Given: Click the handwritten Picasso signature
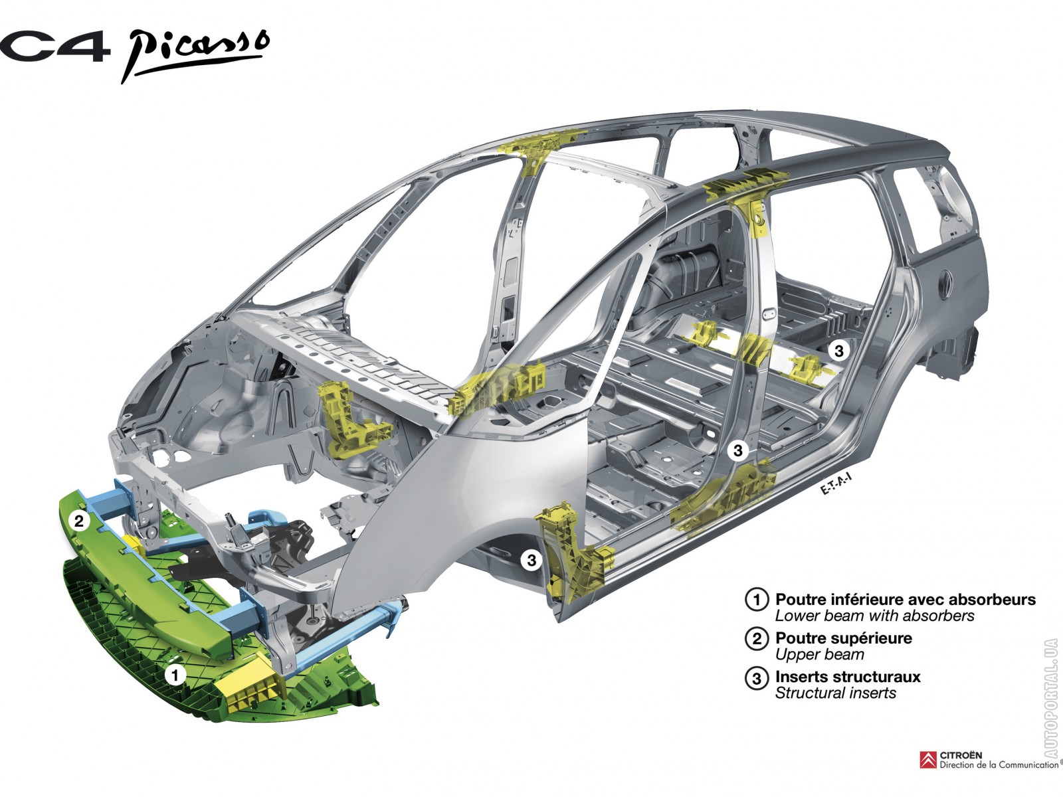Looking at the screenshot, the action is coord(194,54).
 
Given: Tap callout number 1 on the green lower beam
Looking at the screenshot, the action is coord(175,675).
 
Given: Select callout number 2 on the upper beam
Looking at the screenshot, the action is coord(79,521).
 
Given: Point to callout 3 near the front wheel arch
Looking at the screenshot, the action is coord(531,561).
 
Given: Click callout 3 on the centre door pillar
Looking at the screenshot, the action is coord(737,450).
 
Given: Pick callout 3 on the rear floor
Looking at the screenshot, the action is coord(839,350).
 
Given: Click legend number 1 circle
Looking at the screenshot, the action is coord(757,600).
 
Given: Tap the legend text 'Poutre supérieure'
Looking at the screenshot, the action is coord(844,638).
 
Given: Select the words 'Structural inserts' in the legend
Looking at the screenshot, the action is coord(835,693).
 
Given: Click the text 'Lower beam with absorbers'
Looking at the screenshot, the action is coord(874,616).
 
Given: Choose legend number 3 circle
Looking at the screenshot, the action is coord(757,677).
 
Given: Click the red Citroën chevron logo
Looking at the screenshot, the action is coord(928,760).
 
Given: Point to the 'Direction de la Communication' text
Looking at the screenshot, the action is coord(999,765).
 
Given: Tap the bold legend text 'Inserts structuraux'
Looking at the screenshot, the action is coord(848,677).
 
